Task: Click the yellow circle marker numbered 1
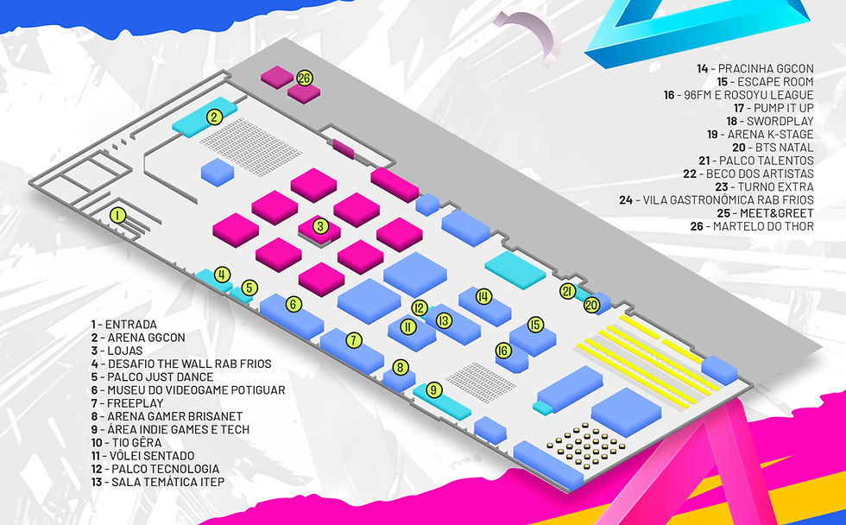coord(118,215)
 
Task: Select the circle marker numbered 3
coord(321,227)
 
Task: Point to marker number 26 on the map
coord(304,78)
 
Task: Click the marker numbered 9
coord(434,390)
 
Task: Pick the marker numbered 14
coord(483,297)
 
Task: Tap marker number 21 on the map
coord(567,291)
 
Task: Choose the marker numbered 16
coord(503,351)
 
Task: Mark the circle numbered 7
coord(354,340)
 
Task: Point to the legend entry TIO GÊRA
coord(138,442)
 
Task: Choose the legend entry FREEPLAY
coord(136,403)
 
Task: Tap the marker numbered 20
coord(591,305)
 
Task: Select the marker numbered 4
coord(223,275)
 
